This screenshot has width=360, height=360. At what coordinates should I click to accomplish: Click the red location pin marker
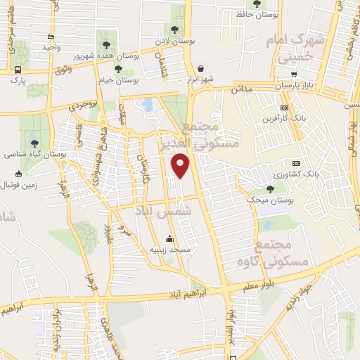pos(181,165)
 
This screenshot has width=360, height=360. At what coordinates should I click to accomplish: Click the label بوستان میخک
pos(271,200)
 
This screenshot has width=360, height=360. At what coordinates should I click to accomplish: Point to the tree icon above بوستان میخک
pos(271,189)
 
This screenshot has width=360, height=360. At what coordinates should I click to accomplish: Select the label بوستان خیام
pos(139,81)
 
